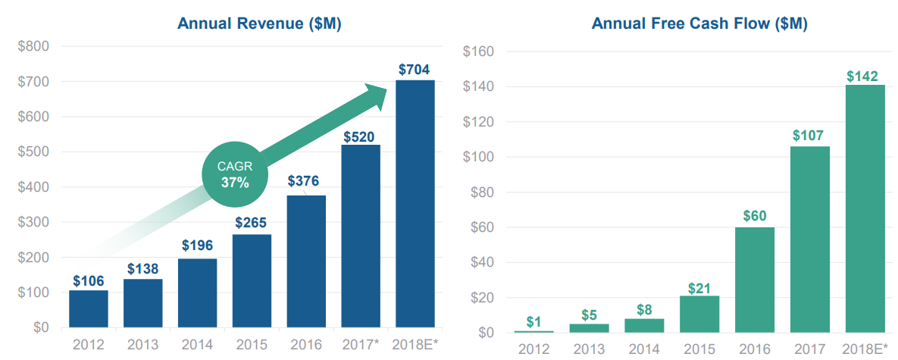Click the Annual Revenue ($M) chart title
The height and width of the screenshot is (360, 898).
coord(259,23)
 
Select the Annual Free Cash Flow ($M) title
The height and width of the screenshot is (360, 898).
coord(699,23)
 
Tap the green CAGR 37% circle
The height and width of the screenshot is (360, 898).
coord(235,175)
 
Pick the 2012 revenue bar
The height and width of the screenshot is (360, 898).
coord(88,309)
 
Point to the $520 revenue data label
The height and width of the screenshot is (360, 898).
coord(361,137)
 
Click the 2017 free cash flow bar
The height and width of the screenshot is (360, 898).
coord(809,239)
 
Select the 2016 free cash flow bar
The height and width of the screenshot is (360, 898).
coord(754,280)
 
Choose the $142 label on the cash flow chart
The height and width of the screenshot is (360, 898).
coord(862,76)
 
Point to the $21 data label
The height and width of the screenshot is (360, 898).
coord(699,288)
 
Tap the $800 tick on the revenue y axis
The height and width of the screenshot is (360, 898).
coord(33,46)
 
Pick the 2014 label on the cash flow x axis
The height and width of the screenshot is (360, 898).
coord(645,349)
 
